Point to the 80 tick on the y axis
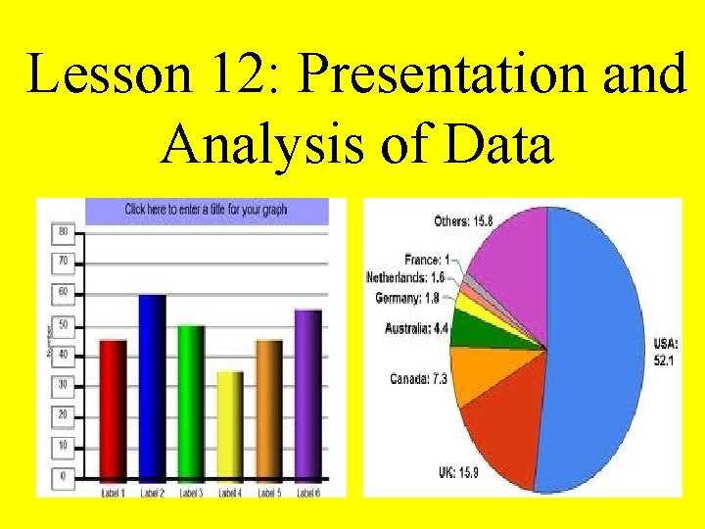point(63,232)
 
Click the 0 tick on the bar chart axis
point(63,476)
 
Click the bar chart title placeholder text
point(206,210)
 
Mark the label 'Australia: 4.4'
point(416,329)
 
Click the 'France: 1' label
point(427,261)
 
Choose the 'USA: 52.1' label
point(666,352)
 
